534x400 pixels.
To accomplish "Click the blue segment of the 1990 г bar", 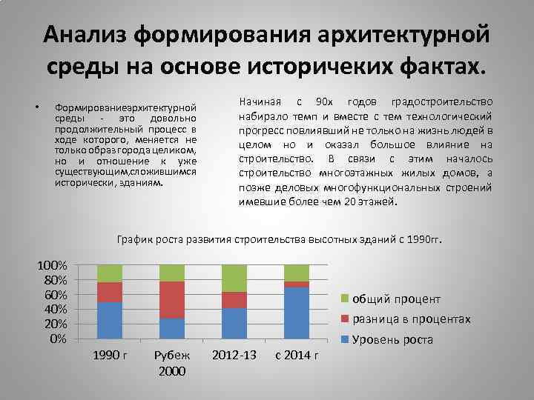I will click(109, 320).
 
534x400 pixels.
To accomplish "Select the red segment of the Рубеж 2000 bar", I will click(172, 299).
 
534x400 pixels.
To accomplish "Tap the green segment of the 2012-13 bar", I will click(235, 278).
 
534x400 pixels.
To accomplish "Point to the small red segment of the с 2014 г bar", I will click(297, 284).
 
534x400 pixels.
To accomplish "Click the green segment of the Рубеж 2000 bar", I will click(172, 273).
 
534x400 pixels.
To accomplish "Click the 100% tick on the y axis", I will click(53, 265).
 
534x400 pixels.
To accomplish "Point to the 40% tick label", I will click(56, 309).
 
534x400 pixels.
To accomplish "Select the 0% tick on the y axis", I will click(59, 339).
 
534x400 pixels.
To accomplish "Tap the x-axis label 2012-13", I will click(234, 356).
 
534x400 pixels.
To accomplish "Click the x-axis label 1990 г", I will click(110, 356).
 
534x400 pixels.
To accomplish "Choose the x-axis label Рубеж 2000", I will click(172, 363).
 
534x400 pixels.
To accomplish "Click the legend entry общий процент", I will click(396, 299).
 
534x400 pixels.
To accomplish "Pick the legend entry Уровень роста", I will click(392, 340).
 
